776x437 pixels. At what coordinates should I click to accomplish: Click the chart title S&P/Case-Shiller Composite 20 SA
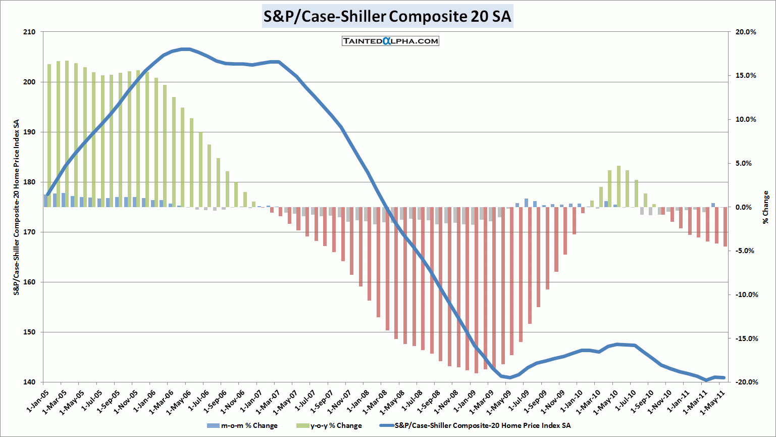pyautogui.click(x=388, y=17)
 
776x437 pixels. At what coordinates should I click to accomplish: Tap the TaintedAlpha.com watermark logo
pyautogui.click(x=390, y=41)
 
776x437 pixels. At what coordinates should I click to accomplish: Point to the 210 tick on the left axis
pyautogui.click(x=29, y=32)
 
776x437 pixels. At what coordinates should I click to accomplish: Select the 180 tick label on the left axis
pyautogui.click(x=29, y=182)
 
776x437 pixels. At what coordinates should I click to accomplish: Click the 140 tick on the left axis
pyautogui.click(x=29, y=382)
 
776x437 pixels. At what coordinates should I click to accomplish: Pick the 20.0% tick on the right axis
pyautogui.click(x=746, y=32)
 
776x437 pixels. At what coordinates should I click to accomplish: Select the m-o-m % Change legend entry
pyautogui.click(x=242, y=425)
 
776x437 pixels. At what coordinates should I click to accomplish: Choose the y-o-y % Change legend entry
pyautogui.click(x=329, y=425)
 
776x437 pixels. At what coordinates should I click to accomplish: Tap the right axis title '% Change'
pyautogui.click(x=766, y=207)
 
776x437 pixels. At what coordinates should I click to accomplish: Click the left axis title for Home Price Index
pyautogui.click(x=17, y=207)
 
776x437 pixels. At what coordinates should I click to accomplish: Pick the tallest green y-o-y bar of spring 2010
pyautogui.click(x=618, y=186)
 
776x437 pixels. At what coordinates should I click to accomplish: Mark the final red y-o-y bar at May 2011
pyautogui.click(x=725, y=227)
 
